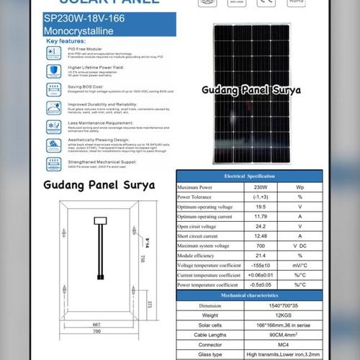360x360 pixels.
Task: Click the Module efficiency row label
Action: pyautogui.click(x=201, y=255)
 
